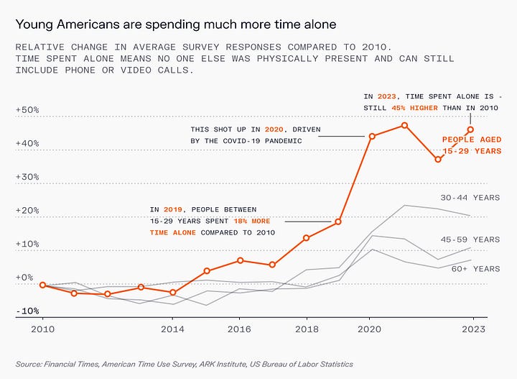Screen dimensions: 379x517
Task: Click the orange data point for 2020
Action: (372, 136)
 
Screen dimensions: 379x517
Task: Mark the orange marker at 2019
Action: (338, 222)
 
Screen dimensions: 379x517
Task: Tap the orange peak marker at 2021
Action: (405, 125)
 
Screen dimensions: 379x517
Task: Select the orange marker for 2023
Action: (471, 129)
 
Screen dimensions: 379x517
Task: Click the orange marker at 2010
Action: (42, 285)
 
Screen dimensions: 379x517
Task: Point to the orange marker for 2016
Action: (240, 260)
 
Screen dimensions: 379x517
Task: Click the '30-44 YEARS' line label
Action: (470, 197)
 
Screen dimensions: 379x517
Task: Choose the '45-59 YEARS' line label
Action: (470, 239)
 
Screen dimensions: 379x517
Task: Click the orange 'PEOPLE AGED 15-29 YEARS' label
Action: (471, 145)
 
